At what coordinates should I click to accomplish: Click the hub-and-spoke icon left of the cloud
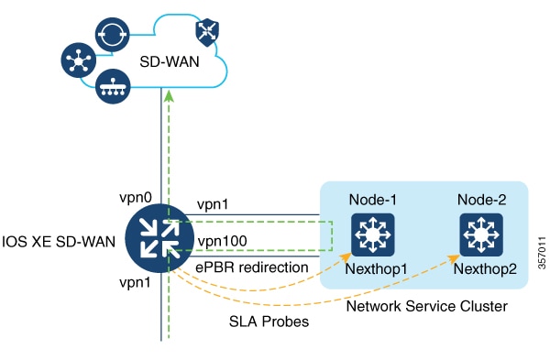point(80,58)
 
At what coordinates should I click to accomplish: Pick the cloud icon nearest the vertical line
point(112,83)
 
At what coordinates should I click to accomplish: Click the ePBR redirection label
point(239,267)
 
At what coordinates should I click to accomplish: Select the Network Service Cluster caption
point(426,306)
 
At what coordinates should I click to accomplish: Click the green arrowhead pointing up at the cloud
point(166,94)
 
